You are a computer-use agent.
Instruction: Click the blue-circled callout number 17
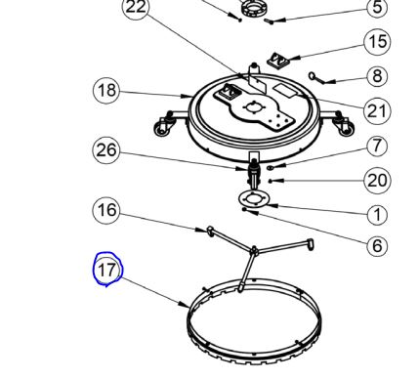[107, 270]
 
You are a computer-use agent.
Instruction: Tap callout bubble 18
[106, 90]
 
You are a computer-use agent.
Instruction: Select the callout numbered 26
[106, 150]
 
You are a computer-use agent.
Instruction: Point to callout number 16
[106, 210]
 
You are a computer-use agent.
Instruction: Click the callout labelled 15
[377, 42]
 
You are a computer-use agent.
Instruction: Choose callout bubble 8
[377, 76]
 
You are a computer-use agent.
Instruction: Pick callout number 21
[377, 111]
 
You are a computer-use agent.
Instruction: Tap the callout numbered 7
[377, 146]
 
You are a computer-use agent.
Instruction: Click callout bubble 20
[377, 181]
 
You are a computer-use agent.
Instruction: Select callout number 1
[377, 215]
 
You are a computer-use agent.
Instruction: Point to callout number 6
[377, 245]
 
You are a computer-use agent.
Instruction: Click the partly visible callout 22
[136, 8]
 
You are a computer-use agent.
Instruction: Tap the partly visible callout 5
[377, 8]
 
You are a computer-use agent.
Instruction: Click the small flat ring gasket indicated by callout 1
[253, 198]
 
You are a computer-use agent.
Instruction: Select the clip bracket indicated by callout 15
[277, 60]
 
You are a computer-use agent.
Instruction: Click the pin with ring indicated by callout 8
[316, 78]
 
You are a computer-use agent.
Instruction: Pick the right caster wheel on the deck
[345, 126]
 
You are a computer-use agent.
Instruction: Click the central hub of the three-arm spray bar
[254, 251]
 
